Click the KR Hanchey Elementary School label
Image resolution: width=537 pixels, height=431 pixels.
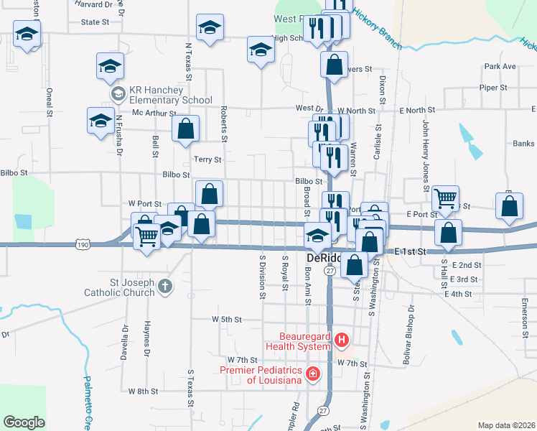pos(170,96)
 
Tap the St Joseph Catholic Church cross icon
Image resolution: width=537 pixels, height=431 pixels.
pos(165,287)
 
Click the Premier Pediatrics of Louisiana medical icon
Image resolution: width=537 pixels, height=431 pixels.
pos(312,374)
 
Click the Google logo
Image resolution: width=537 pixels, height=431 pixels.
pos(24,422)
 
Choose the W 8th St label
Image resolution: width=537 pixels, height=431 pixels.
pos(142,391)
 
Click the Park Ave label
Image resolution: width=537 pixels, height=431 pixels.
pos(500,66)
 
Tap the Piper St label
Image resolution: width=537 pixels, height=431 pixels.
pos(493,88)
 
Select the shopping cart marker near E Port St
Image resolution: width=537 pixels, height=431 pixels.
pos(446,197)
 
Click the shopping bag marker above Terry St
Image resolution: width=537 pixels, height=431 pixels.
pos(185,129)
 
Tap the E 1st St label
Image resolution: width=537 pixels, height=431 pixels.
pos(411,252)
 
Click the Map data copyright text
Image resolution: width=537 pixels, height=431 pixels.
pos(506,425)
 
